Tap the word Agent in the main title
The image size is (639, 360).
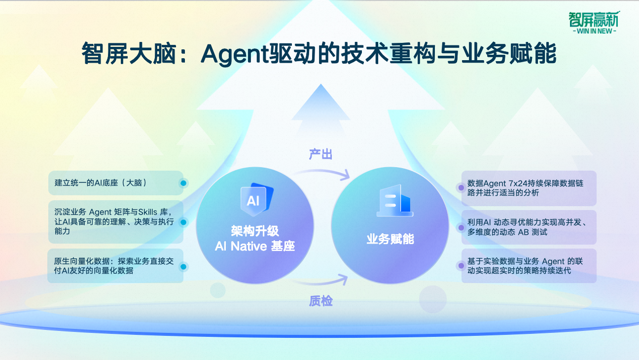(x=235, y=54)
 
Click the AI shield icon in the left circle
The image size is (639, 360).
(x=257, y=199)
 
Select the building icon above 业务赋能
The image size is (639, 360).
(x=395, y=201)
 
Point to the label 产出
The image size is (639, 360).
(x=320, y=154)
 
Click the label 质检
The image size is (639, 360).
(x=320, y=301)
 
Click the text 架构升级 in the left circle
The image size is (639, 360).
(x=255, y=231)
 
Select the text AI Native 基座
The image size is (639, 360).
(x=255, y=246)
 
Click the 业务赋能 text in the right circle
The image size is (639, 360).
(x=390, y=239)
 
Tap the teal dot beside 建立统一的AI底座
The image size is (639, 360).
(x=183, y=183)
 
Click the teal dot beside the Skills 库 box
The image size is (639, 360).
(x=183, y=222)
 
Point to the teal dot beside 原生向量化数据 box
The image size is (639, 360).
(x=183, y=267)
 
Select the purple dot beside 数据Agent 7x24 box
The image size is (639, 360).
(x=461, y=188)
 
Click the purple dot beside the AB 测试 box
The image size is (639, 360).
(x=461, y=227)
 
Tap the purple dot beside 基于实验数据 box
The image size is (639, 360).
(x=461, y=266)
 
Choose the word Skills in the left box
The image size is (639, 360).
(x=148, y=212)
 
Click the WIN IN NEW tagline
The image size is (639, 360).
(x=595, y=31)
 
